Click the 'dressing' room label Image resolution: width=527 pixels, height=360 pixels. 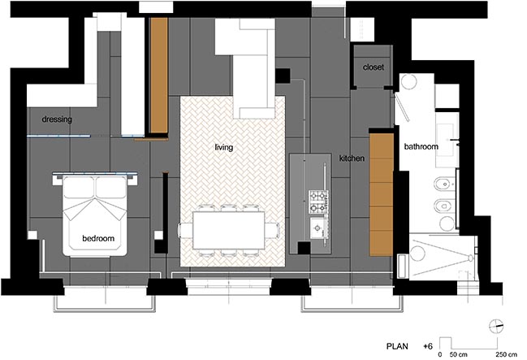pyautogui.click(x=57, y=119)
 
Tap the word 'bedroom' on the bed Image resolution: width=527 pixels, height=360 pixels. pyautogui.click(x=98, y=238)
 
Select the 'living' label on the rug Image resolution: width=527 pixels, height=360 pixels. pyautogui.click(x=224, y=147)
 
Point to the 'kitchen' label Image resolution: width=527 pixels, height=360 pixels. pyautogui.click(x=352, y=158)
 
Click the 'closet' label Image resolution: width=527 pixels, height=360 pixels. pyautogui.click(x=373, y=67)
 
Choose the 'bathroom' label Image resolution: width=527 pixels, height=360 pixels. pyautogui.click(x=421, y=146)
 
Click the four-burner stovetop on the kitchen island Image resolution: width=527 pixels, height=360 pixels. pyautogui.click(x=318, y=202)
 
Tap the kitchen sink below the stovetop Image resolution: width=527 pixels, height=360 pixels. pyautogui.click(x=318, y=228)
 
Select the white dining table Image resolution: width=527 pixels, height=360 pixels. pyautogui.click(x=228, y=231)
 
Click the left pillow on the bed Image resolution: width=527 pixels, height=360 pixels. pyautogui.click(x=79, y=188)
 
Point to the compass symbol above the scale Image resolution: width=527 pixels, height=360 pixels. pyautogui.click(x=496, y=326)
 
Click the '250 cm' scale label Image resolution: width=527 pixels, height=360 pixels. pyautogui.click(x=506, y=354)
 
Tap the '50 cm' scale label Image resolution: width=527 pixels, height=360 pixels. pyautogui.click(x=459, y=354)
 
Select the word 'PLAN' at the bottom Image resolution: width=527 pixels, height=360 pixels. pyautogui.click(x=397, y=346)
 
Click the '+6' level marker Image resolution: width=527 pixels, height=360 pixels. pyautogui.click(x=428, y=346)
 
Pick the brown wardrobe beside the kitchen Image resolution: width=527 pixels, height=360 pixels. pyautogui.click(x=382, y=194)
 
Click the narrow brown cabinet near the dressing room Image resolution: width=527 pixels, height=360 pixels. pyautogui.click(x=159, y=75)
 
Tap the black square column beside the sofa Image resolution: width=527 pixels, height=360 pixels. pyautogui.click(x=283, y=76)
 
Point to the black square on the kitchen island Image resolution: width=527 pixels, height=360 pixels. pyautogui.click(x=304, y=249)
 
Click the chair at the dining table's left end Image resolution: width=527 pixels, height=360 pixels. pyautogui.click(x=185, y=231)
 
